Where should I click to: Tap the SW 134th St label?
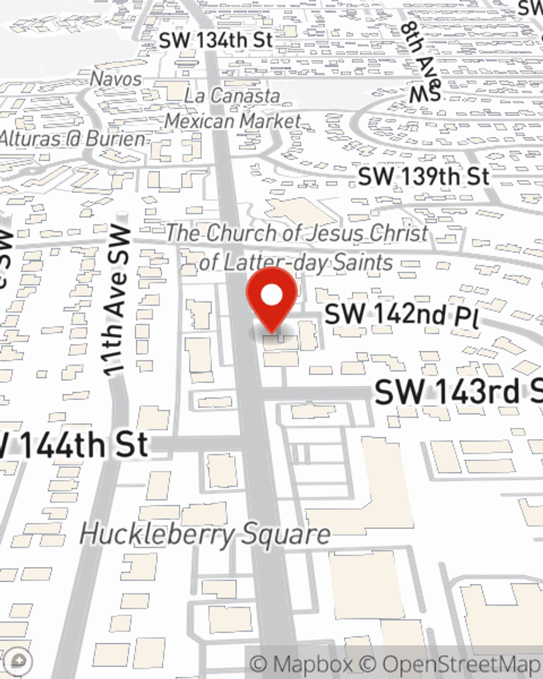[216, 40]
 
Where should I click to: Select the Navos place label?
[116, 79]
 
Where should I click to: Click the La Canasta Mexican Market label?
[232, 108]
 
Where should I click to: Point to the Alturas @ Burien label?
[73, 139]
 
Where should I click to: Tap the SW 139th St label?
[424, 177]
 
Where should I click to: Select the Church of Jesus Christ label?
[296, 248]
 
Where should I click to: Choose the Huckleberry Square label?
[205, 534]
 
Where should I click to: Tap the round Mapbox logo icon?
[18, 661]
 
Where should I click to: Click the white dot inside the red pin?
[271, 296]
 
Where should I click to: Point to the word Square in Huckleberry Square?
[286, 534]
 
